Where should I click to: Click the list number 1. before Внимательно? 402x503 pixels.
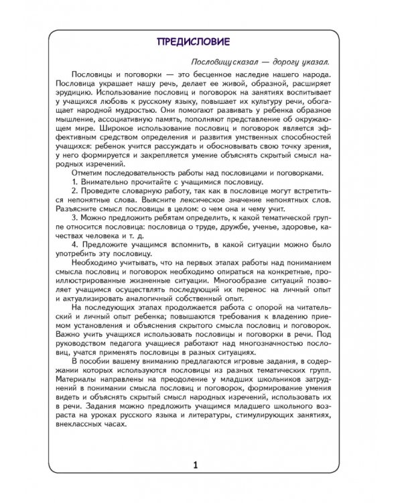pyautogui.click(x=75, y=182)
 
